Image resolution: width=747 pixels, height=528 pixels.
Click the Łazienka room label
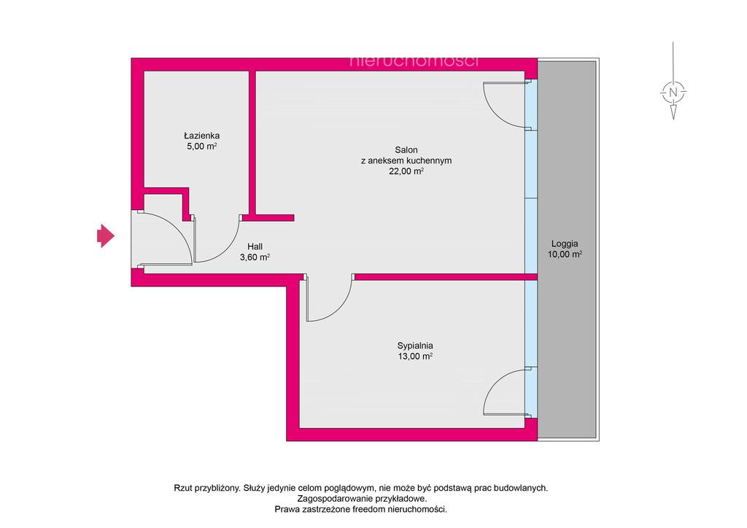[201, 136]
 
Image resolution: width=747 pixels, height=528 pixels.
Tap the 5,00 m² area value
[201, 146]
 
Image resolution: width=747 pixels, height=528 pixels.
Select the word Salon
[406, 150]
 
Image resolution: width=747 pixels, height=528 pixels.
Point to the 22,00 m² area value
[406, 171]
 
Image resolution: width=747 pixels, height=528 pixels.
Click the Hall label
[255, 246]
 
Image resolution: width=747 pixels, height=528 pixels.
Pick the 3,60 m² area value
[255, 257]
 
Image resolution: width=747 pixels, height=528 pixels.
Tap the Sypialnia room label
[415, 346]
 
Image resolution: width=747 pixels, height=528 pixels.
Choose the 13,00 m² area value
[415, 356]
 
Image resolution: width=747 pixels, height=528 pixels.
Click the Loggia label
[565, 244]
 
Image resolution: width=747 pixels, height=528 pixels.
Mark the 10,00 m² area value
[565, 255]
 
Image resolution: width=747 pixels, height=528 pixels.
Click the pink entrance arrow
[106, 236]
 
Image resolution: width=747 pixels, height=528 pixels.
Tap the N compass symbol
[673, 92]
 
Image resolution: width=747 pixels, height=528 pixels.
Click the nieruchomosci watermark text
[414, 61]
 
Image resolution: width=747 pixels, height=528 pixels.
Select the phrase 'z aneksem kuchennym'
[406, 160]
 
